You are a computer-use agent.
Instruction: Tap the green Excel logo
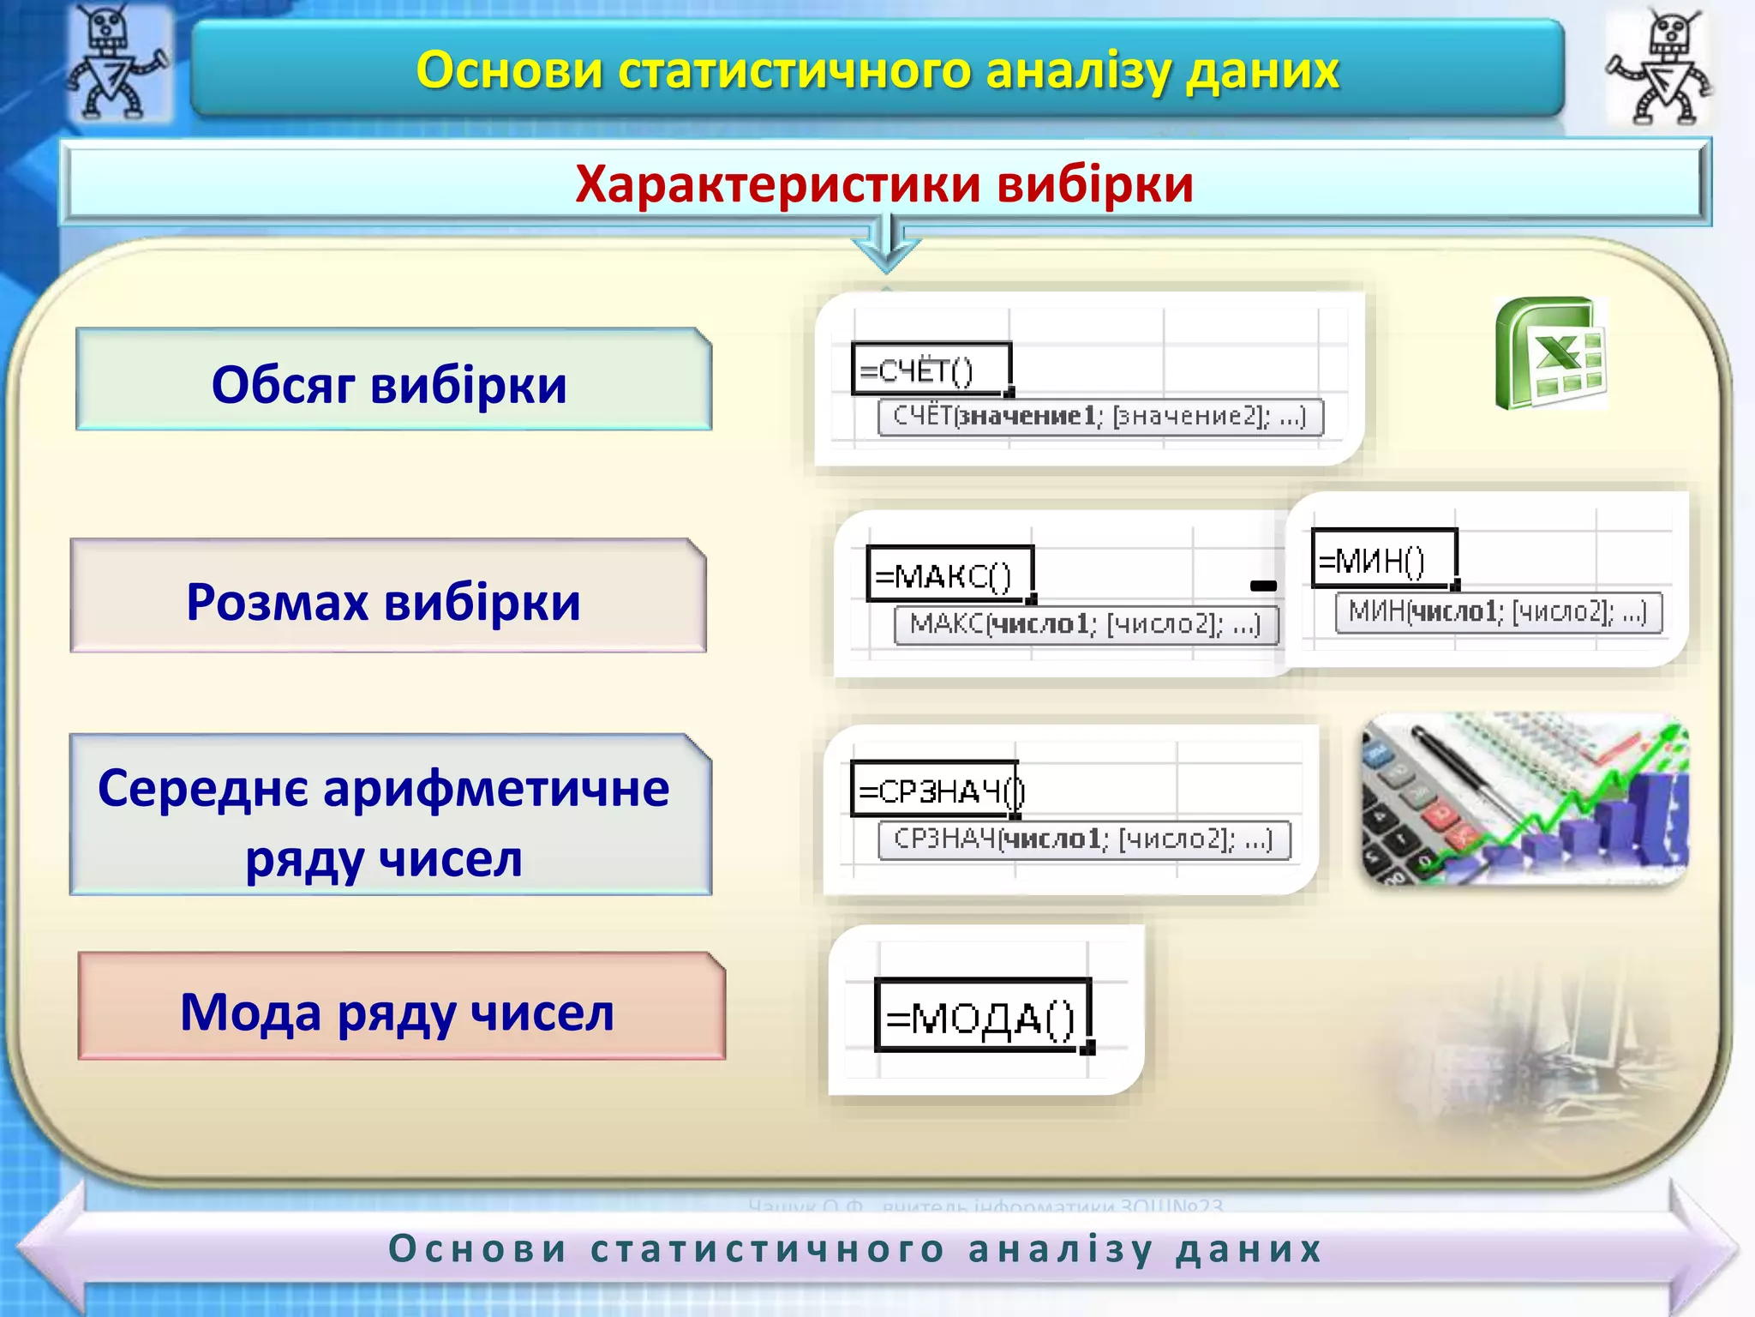pos(1551,353)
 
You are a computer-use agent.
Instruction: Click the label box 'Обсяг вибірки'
pos(393,380)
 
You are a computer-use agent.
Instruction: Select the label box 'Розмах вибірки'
pos(387,597)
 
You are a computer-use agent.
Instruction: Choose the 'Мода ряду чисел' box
pos(401,1007)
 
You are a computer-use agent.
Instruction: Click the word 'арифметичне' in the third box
pos(496,788)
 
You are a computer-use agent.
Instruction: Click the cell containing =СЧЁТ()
pos(931,370)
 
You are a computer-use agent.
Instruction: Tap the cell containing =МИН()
pos(1383,560)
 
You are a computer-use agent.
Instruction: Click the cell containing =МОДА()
pos(982,1016)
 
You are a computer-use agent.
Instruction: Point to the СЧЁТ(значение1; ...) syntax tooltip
pos(1100,418)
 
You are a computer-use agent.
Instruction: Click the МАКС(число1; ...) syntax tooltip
pos(1086,624)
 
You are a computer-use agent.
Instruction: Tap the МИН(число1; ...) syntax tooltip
pos(1498,612)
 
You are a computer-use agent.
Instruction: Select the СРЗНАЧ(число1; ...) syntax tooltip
pos(1083,839)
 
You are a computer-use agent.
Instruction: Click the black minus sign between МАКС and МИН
pos(1263,586)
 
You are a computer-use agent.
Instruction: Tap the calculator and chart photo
pos(1524,799)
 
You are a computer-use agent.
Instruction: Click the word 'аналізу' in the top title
pos(1079,70)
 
